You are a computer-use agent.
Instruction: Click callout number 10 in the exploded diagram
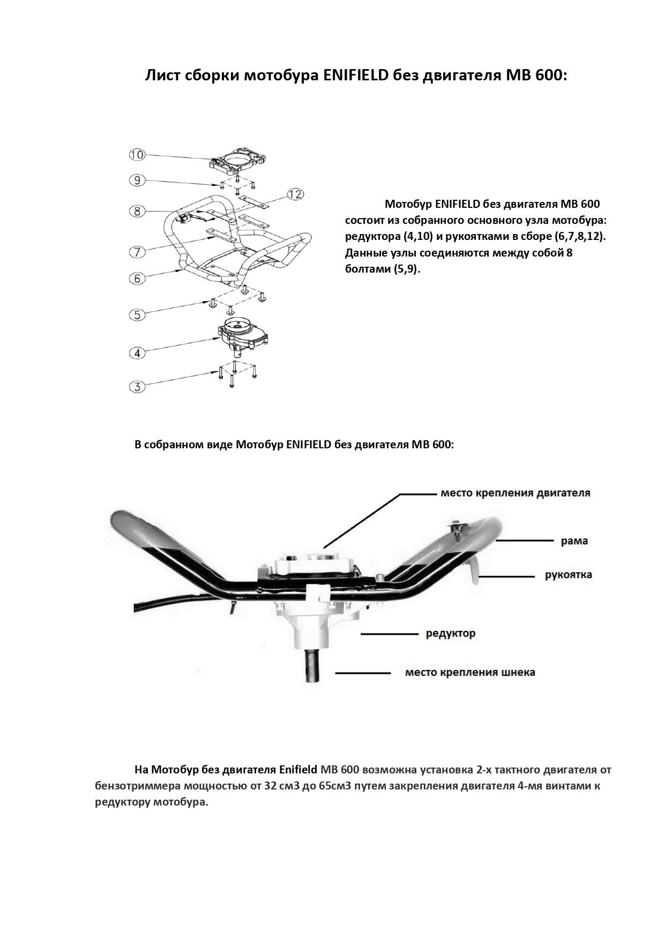click(x=137, y=155)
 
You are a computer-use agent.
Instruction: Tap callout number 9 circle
click(x=137, y=181)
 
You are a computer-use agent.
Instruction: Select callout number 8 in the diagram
click(x=137, y=211)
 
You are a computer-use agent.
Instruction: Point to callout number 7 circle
click(x=137, y=251)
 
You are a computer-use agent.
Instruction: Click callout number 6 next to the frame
click(x=137, y=278)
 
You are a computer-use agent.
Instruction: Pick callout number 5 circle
click(x=137, y=314)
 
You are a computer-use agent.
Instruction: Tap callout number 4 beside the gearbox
click(x=137, y=352)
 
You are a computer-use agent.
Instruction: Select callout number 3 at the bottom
click(x=137, y=386)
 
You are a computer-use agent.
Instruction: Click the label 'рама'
click(x=574, y=541)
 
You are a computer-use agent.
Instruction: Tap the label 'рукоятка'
click(x=568, y=575)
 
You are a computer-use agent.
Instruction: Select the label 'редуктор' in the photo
click(x=450, y=634)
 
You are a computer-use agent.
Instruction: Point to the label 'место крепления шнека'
click(x=470, y=672)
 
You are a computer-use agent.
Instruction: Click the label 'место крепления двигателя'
click(x=515, y=493)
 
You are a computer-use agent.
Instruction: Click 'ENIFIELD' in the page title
click(x=356, y=76)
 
